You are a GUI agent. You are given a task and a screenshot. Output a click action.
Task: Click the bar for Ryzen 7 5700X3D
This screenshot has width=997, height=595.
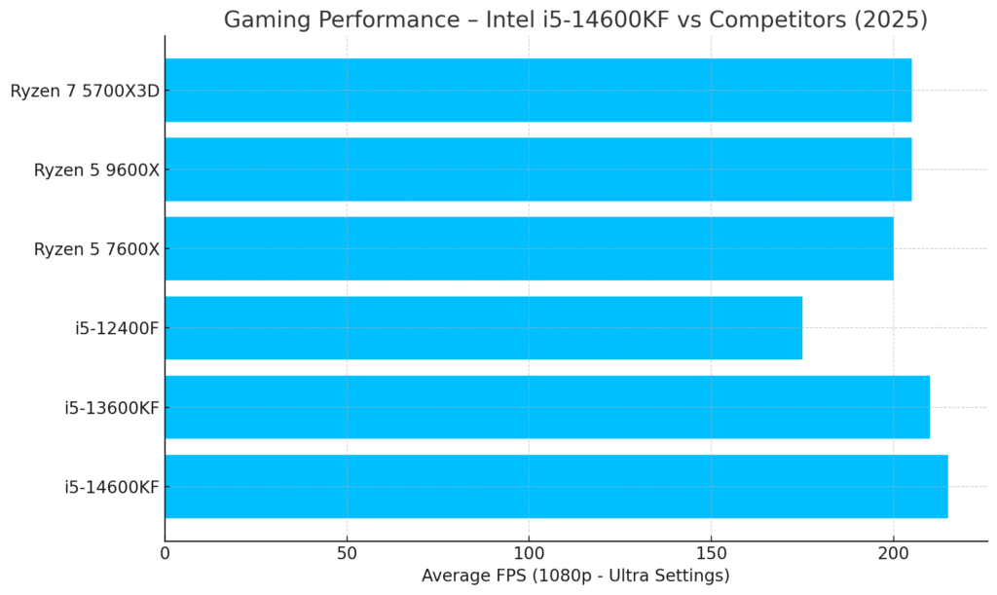click(x=537, y=91)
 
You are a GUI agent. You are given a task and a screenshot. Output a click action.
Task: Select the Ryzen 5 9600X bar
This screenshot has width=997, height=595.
click(x=537, y=169)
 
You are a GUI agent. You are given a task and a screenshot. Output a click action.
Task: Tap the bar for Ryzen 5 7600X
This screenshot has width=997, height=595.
click(x=529, y=248)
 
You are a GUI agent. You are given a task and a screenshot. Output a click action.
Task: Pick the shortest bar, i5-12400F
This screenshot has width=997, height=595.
click(x=483, y=328)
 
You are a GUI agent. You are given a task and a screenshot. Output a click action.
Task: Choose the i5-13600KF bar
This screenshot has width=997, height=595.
click(x=547, y=407)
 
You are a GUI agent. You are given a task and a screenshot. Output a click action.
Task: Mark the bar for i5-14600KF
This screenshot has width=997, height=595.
click(x=556, y=486)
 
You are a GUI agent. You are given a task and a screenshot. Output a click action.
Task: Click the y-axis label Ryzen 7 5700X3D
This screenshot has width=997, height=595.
click(x=85, y=92)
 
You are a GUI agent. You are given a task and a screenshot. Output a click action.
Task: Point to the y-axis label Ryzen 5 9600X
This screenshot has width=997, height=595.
click(x=96, y=170)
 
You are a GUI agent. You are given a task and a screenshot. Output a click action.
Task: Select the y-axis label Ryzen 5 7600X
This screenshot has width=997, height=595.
click(x=96, y=249)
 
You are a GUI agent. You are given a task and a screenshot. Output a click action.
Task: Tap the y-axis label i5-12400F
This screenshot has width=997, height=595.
click(x=117, y=328)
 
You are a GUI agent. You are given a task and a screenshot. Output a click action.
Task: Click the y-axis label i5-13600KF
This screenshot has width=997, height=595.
click(x=112, y=407)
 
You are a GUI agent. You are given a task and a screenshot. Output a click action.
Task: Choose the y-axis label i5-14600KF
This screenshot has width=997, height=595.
click(x=112, y=487)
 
